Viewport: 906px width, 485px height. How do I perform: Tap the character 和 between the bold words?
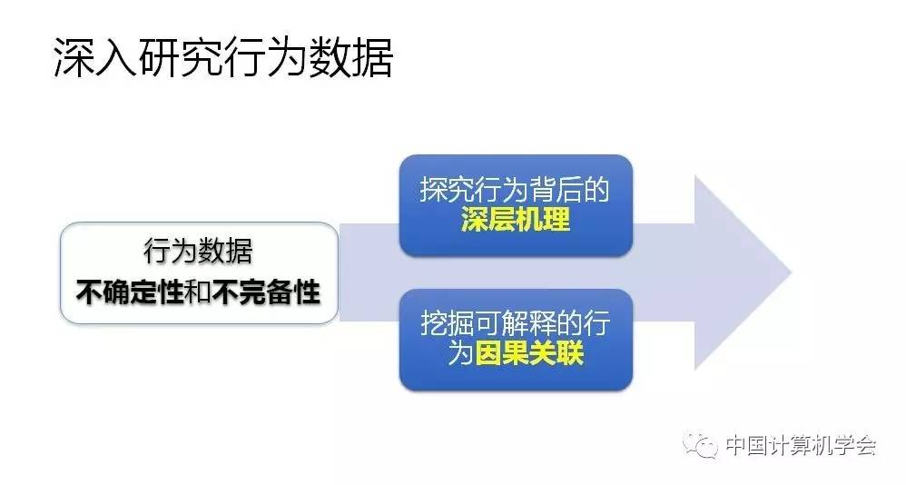(198, 292)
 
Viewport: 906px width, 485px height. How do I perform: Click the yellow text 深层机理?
(516, 220)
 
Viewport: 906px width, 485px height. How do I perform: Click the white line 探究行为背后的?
(515, 190)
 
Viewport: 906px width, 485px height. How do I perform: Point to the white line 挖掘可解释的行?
(515, 322)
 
